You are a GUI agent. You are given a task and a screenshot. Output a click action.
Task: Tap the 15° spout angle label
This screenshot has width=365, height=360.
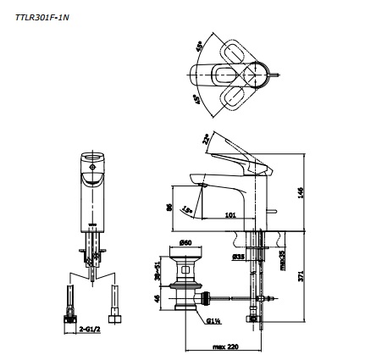pos(186,208)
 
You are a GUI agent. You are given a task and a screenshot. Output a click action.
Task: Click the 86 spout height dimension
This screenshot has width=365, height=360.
pos(168,206)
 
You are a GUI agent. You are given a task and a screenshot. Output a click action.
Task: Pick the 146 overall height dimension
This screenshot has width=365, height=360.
pos(301,192)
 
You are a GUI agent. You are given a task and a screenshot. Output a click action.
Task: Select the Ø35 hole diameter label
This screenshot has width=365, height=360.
pos(239,252)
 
